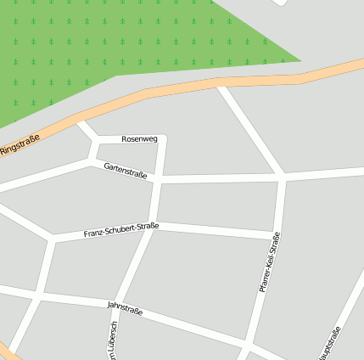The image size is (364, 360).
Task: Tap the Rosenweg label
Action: coord(139,138)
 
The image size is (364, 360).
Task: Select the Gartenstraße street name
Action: coord(126,172)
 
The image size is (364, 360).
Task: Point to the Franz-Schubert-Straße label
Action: coord(121,229)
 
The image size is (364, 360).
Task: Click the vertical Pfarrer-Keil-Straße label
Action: coord(269,262)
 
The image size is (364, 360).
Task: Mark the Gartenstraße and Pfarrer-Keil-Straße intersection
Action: coord(283,177)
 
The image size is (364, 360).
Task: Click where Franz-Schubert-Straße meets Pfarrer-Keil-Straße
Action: coord(277,234)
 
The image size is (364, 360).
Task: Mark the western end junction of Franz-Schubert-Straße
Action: coord(53,239)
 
